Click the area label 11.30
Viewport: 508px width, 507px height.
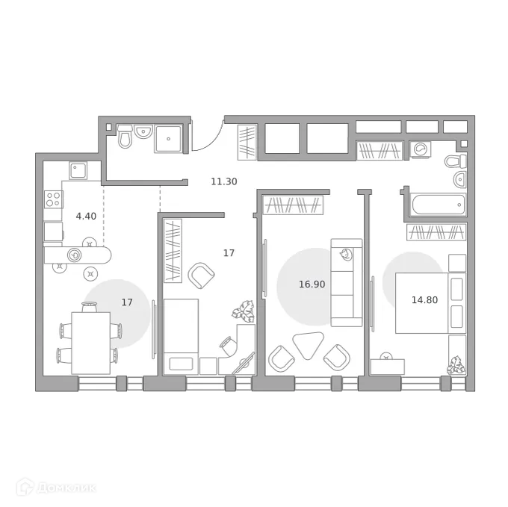point(224,181)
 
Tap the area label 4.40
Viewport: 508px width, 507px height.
point(86,217)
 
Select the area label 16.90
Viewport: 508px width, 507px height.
point(312,284)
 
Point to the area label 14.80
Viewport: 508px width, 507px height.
point(424,300)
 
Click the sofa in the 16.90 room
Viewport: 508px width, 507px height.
point(346,282)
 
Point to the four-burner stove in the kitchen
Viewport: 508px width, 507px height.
point(53,199)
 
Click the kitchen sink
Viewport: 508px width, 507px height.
point(79,171)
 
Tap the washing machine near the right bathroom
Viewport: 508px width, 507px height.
point(421,150)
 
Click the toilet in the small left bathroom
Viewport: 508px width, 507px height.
point(125,137)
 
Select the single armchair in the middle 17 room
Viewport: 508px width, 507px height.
point(202,276)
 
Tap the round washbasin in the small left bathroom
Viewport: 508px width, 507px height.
point(143,133)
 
